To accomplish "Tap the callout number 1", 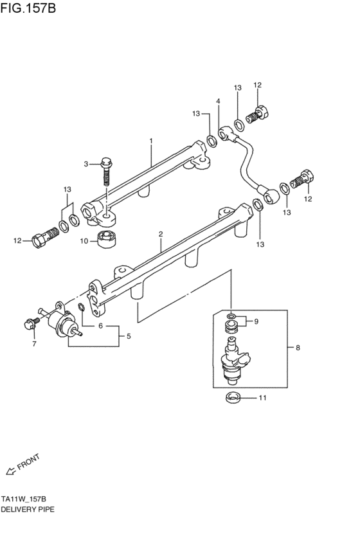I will pyautogui.click(x=151, y=140).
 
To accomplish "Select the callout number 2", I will pyautogui.click(x=161, y=235).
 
